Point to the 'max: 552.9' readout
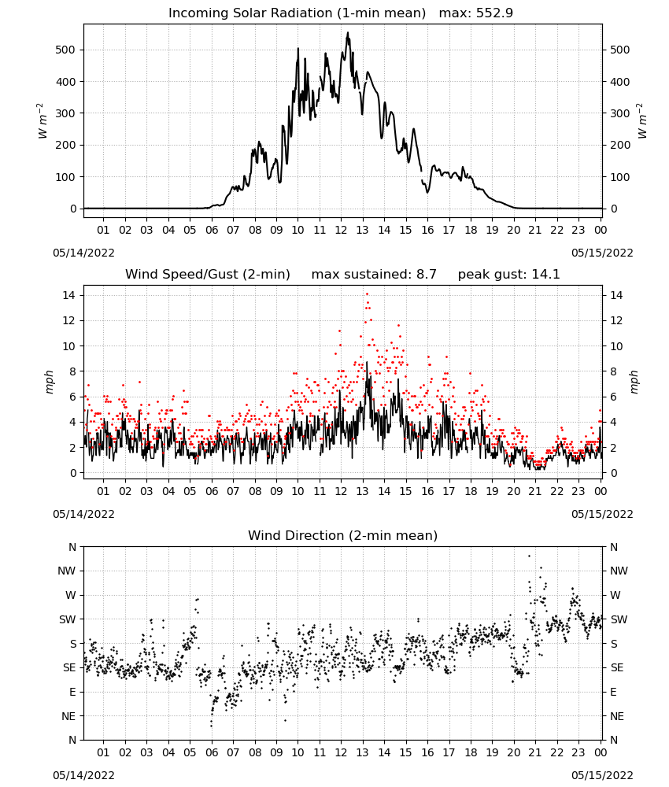[476, 13]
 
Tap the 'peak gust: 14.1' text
[508, 275]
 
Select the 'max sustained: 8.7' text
[374, 275]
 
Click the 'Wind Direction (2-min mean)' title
[343, 535]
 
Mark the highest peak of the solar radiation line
[348, 33]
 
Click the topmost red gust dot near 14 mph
[367, 294]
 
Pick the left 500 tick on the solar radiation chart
[65, 50]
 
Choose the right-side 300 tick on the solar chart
[619, 113]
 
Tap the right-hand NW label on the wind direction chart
[619, 571]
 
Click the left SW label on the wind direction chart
[67, 619]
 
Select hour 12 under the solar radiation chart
[341, 230]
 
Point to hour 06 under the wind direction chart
[212, 752]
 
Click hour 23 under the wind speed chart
[578, 491]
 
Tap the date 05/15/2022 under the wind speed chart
[602, 514]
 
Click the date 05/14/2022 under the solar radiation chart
[83, 253]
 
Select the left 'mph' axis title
[49, 382]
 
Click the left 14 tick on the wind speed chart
[69, 295]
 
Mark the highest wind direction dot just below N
[529, 556]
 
